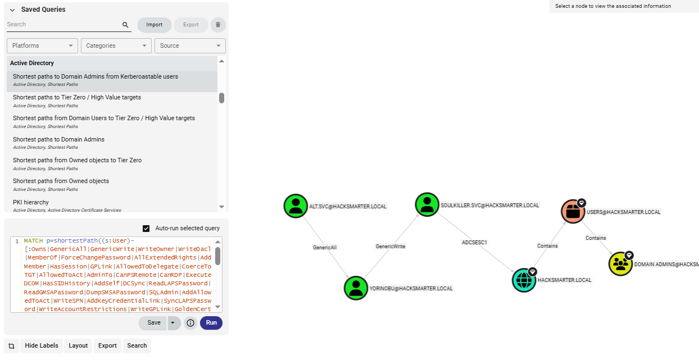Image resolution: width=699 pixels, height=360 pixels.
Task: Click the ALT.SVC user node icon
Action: pyautogui.click(x=296, y=206)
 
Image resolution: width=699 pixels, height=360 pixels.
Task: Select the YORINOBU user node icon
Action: pyautogui.click(x=356, y=288)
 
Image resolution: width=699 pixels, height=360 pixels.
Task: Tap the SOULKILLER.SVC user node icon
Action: pyautogui.click(x=427, y=204)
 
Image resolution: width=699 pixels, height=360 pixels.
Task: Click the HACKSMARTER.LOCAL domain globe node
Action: pyautogui.click(x=524, y=280)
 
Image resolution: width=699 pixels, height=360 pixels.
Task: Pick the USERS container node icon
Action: pyautogui.click(x=573, y=212)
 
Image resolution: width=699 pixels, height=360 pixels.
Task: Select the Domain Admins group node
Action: pyautogui.click(x=620, y=264)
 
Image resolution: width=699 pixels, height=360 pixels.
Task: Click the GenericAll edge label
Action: pyautogui.click(x=325, y=247)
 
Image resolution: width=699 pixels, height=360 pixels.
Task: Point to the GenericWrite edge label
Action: pyautogui.click(x=391, y=246)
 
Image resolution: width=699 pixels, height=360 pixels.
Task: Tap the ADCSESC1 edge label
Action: pyautogui.click(x=474, y=243)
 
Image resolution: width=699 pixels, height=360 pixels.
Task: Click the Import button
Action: pyautogui.click(x=155, y=25)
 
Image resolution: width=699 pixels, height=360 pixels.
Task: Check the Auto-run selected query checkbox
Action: pyautogui.click(x=146, y=229)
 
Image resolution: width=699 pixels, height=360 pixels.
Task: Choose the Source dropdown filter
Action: pyautogui.click(x=190, y=45)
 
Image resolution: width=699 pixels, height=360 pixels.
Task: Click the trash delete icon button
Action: pyautogui.click(x=218, y=25)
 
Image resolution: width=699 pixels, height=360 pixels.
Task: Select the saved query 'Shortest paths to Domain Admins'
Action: pyautogui.click(x=58, y=139)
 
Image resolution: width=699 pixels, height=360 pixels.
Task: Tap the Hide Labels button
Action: pyautogui.click(x=42, y=346)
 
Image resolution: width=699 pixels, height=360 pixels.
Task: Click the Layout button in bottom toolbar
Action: pyautogui.click(x=78, y=346)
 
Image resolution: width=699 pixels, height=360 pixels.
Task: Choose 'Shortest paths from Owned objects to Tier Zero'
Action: pyautogui.click(x=77, y=160)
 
